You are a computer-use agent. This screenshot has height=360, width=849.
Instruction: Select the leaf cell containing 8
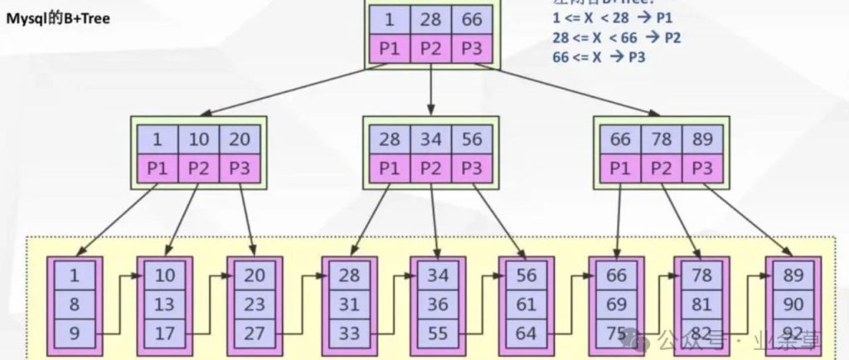[x=75, y=304]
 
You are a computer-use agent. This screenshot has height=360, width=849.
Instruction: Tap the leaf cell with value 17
[x=165, y=334]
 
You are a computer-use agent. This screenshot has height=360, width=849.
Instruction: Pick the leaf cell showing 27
[x=255, y=334]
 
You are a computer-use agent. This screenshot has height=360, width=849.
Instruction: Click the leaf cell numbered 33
[x=349, y=334]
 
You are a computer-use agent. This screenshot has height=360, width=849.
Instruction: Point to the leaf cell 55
[x=438, y=334]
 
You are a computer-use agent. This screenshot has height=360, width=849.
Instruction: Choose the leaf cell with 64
[x=526, y=334]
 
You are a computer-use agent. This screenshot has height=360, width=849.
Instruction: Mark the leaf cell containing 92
[x=794, y=334]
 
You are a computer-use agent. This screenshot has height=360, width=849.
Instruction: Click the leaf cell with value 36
[x=438, y=304]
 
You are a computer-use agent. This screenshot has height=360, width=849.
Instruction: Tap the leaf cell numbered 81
[x=702, y=304]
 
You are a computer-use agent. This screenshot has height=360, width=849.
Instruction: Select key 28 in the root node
[x=430, y=19]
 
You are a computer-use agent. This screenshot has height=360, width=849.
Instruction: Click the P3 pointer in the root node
[x=472, y=49]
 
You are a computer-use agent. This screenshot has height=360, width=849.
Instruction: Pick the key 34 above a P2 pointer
[x=430, y=139]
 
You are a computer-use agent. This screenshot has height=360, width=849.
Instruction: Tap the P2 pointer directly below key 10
[x=199, y=168]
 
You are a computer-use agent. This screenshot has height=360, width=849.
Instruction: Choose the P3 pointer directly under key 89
[x=702, y=168]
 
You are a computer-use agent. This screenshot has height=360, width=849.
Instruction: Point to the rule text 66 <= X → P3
[x=599, y=56]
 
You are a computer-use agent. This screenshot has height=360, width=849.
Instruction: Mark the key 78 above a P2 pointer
[x=662, y=139]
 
